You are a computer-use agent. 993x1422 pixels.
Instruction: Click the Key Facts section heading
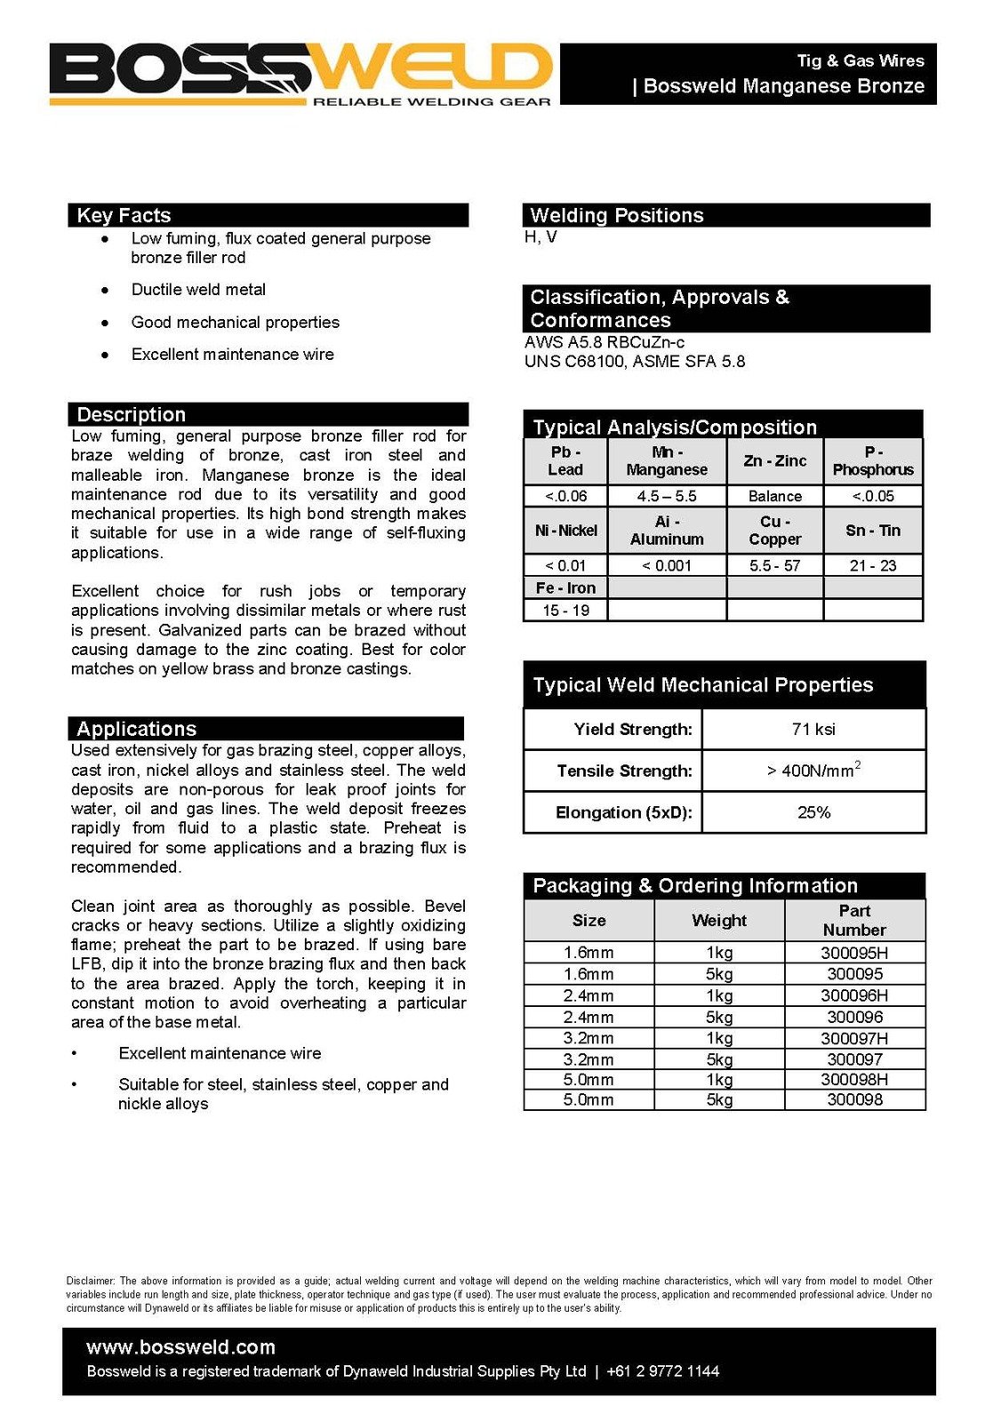[x=124, y=215]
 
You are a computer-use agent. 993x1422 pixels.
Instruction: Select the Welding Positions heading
[x=616, y=215]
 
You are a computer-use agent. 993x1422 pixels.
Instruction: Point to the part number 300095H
[x=854, y=953]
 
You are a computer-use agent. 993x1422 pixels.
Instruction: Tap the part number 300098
[x=854, y=1099]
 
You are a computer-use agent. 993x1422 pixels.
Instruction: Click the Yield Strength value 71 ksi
[x=813, y=729]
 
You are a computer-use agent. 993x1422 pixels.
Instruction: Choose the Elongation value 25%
[x=813, y=812]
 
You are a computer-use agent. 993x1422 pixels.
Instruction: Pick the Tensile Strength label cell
[x=624, y=771]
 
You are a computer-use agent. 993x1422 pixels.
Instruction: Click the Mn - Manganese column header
[x=667, y=461]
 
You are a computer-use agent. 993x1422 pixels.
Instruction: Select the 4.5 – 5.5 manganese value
[x=667, y=496]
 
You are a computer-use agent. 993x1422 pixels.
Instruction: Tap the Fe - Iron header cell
[x=565, y=587]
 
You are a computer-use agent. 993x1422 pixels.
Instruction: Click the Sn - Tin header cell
[x=873, y=531]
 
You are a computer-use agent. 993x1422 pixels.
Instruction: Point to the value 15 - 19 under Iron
[x=565, y=611]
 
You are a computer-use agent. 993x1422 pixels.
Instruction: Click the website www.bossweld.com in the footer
[x=180, y=1347]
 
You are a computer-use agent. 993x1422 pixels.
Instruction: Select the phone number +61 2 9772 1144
[x=662, y=1371]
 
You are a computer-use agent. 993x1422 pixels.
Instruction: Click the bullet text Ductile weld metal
[x=198, y=290]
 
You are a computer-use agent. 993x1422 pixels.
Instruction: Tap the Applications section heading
[x=136, y=729]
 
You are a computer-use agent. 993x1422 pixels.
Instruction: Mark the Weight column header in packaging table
[x=719, y=921]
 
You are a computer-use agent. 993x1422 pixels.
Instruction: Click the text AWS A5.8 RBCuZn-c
[x=605, y=342]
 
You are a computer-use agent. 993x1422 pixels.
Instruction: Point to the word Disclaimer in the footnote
[x=90, y=1281]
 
